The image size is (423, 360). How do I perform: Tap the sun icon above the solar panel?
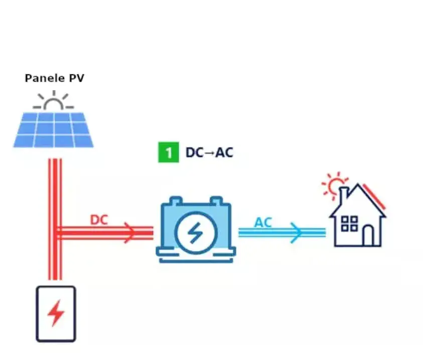pos(53,102)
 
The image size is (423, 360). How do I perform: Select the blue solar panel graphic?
pos(53,129)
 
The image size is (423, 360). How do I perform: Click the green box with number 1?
pos(168,152)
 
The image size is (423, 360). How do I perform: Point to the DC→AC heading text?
pos(209,152)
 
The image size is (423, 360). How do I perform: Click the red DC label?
pos(99,220)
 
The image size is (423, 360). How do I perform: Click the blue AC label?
pos(263,222)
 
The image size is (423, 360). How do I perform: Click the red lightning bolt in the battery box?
pos(56,314)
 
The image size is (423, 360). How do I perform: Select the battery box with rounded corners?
pos(56,313)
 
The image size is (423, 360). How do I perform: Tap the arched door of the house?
pos(368,235)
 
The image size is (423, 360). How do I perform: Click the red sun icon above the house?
pos(333,186)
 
